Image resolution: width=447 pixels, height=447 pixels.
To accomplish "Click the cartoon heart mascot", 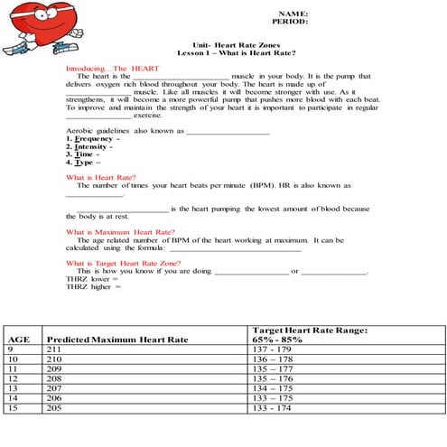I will pyautogui.click(x=34, y=29).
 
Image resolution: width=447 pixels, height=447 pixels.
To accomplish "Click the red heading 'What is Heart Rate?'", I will pyautogui.click(x=101, y=179).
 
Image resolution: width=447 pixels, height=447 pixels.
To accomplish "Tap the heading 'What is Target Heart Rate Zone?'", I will pyautogui.click(x=129, y=263).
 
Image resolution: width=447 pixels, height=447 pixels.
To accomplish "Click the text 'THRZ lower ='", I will pyautogui.click(x=92, y=279).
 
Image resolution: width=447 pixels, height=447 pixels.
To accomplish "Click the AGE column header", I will pyautogui.click(x=19, y=339).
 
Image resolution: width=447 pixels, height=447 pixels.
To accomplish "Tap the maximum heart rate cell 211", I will pyautogui.click(x=53, y=349).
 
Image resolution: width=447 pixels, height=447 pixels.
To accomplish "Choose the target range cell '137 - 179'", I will pyautogui.click(x=275, y=349).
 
